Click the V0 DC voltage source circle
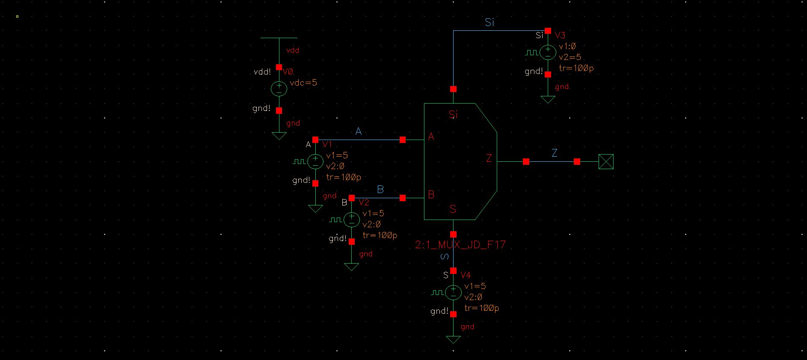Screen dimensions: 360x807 (x=279, y=89)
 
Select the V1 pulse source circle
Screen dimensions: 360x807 (x=315, y=161)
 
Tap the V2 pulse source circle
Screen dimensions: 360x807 (x=352, y=220)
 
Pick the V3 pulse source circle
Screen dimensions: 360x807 (x=548, y=52)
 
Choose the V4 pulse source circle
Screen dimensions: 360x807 (x=453, y=292)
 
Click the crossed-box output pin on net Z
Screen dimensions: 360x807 (x=606, y=161)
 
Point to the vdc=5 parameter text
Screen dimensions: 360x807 (x=303, y=83)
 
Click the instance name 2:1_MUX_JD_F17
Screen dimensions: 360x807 (x=460, y=245)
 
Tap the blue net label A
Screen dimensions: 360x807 (x=359, y=131)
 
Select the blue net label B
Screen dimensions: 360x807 (x=380, y=190)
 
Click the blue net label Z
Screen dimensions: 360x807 (x=555, y=153)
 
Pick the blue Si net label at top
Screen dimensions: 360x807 (x=490, y=22)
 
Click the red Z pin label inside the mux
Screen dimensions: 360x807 (x=489, y=158)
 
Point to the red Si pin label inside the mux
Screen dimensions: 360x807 (x=453, y=114)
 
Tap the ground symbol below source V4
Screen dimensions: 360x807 (x=453, y=339)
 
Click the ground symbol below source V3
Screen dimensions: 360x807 (x=548, y=100)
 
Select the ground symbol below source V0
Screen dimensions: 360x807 (x=279, y=136)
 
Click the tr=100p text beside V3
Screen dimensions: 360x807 (x=576, y=68)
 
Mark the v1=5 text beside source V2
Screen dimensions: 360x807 (x=373, y=213)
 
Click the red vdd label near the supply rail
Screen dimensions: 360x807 (x=293, y=51)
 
